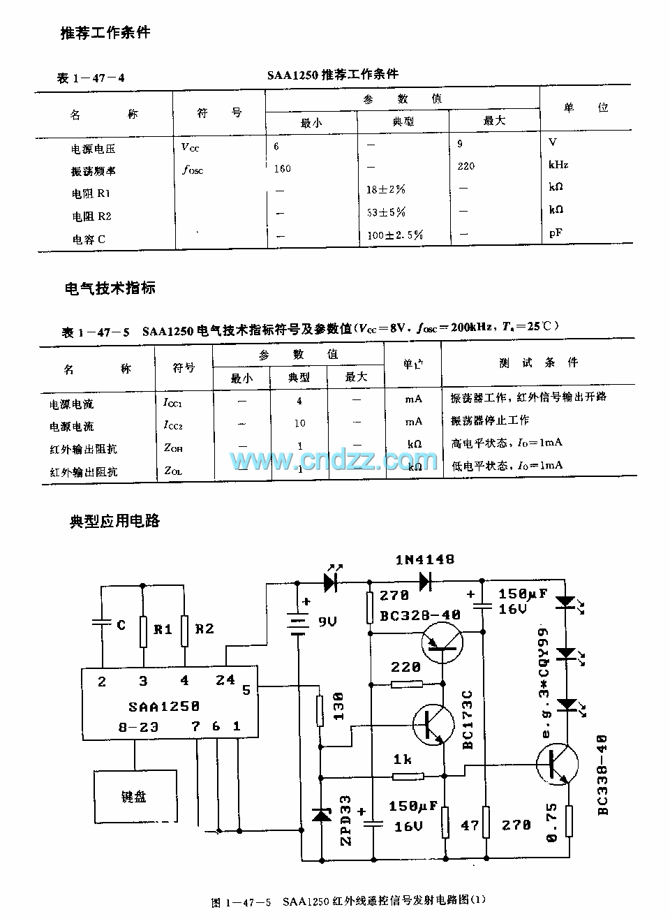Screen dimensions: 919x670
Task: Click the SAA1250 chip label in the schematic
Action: [x=163, y=706]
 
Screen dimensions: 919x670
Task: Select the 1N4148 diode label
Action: [x=424, y=559]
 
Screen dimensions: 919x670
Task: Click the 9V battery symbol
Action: [x=299, y=622]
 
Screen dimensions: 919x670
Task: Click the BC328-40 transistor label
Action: [x=420, y=615]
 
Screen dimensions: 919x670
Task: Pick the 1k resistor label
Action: [x=402, y=759]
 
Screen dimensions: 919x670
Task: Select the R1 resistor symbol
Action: [x=143, y=631]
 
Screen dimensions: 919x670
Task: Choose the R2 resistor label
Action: [x=204, y=628]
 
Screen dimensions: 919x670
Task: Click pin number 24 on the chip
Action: [x=225, y=679]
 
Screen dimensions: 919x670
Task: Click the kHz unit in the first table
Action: [x=558, y=165]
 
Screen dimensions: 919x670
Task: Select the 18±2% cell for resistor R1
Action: [x=386, y=189]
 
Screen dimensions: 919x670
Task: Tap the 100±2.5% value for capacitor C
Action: [x=394, y=235]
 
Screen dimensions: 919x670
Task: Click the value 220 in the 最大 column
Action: [x=466, y=166]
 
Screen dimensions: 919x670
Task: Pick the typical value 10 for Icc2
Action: [x=299, y=422]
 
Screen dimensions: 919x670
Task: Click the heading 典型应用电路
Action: [x=114, y=520]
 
